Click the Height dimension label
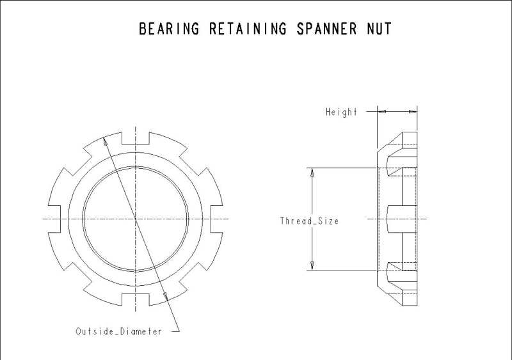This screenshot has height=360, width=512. (x=341, y=112)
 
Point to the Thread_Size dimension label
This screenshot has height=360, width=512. (x=309, y=221)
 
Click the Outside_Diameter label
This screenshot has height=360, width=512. (x=118, y=331)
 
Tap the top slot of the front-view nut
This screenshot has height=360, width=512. (x=135, y=137)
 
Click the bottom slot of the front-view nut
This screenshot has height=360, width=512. (x=135, y=300)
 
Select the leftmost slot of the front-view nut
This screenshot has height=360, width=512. (x=54, y=219)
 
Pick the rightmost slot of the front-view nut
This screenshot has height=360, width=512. (x=217, y=219)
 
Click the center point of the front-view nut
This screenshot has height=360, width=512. (x=136, y=219)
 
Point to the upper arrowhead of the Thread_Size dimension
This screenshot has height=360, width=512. (x=312, y=172)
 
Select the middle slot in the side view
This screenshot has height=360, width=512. (x=402, y=219)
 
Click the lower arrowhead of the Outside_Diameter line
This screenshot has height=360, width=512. (x=166, y=295)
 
